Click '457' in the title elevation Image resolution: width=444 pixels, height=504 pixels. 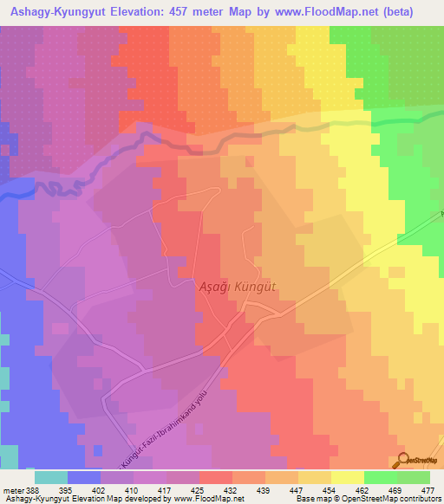pos(199,11)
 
